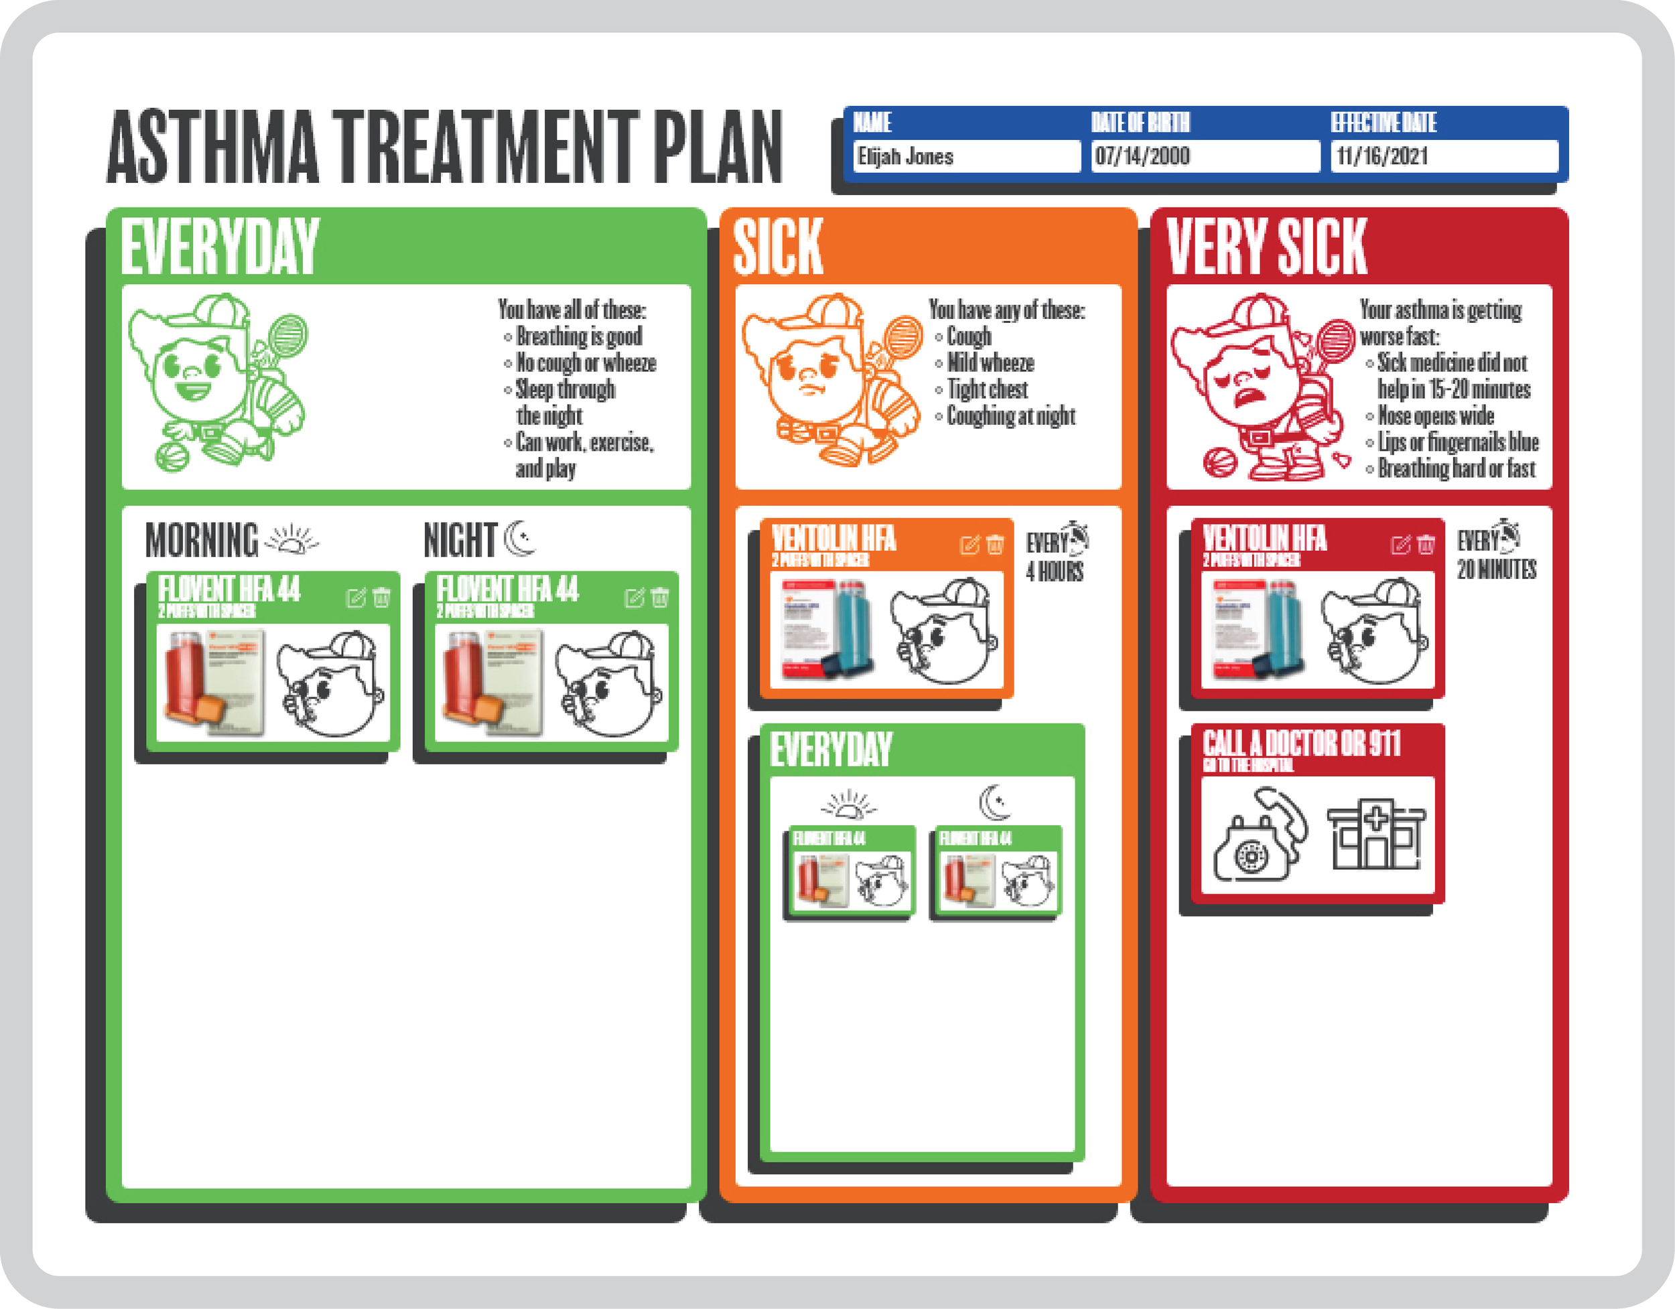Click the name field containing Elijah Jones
pos(965,157)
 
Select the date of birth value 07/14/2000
pos(1204,157)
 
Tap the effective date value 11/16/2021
pos(1443,157)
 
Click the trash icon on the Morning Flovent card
pos(381,597)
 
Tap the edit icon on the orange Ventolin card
pos(969,545)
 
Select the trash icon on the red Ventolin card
pos(1426,545)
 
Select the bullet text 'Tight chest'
pos(987,390)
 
